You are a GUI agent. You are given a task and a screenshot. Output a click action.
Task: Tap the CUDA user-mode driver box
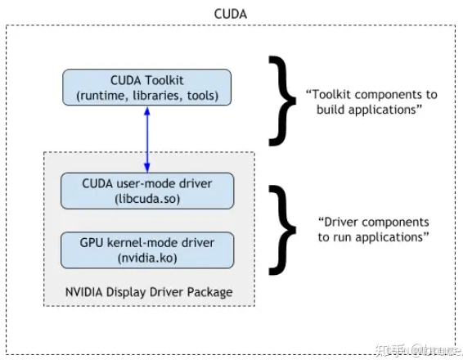[x=146, y=190]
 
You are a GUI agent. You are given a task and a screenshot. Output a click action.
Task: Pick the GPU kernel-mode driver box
[x=146, y=250]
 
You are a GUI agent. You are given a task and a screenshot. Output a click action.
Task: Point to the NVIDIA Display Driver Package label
[x=148, y=292]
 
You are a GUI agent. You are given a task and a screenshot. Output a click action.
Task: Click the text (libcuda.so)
[x=147, y=198]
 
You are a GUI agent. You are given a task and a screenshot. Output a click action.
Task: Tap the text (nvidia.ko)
[x=147, y=259]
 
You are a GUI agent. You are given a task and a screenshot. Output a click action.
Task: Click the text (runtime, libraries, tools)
[x=147, y=97]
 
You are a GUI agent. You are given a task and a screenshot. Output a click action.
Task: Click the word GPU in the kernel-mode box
[x=90, y=243]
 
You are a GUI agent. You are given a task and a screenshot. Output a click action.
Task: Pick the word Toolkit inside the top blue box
[x=166, y=81]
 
